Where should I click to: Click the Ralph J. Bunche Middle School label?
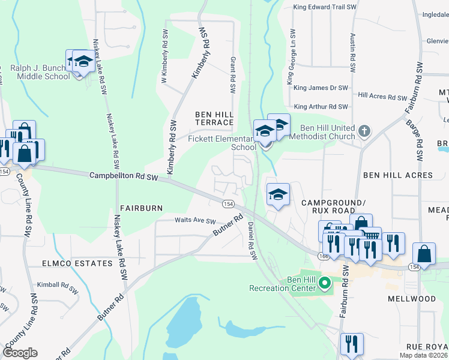click(40, 72)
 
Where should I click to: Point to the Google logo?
click(20, 353)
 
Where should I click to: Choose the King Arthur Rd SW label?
click(321, 107)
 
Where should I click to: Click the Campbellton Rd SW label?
click(123, 176)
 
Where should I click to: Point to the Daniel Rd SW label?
click(252, 241)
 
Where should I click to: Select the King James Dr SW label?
click(321, 88)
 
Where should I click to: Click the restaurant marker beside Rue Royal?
click(351, 344)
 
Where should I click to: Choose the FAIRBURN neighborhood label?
click(142, 208)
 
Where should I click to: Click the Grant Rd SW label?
click(232, 75)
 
